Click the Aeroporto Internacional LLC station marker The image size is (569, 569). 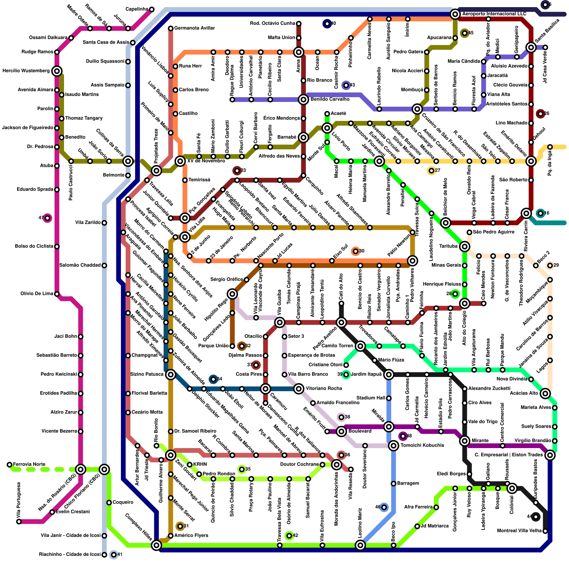point(455,14)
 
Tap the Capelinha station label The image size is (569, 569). point(137,9)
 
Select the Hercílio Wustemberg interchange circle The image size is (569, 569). point(57,71)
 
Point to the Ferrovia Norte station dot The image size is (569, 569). point(10,464)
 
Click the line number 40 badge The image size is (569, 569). point(327,24)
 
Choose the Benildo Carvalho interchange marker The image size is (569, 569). point(303,100)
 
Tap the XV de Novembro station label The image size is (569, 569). point(206,161)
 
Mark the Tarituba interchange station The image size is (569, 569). point(464,246)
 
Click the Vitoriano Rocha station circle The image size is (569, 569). point(299,389)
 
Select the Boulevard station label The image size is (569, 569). point(360,431)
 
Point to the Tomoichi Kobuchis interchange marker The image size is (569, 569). point(393,446)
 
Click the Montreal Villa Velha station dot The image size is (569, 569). point(545,531)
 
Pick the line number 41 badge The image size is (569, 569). point(114,555)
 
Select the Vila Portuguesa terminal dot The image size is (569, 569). point(19,522)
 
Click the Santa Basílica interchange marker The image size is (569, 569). point(531,47)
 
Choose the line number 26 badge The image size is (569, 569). point(541,114)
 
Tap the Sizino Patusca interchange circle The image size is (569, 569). point(171,374)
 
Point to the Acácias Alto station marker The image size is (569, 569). point(545,393)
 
